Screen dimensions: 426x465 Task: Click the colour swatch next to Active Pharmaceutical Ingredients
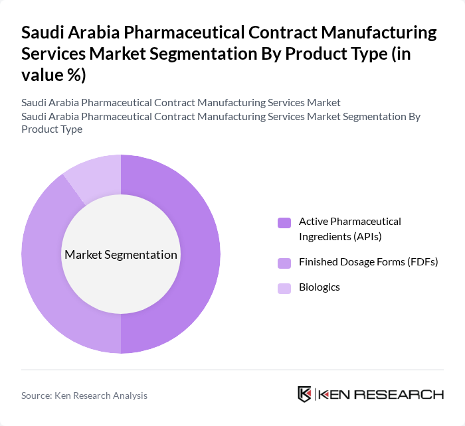pos(284,223)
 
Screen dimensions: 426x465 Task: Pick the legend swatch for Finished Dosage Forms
pos(284,263)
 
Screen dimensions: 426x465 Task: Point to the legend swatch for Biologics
pos(284,288)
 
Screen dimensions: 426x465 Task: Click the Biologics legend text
pos(319,287)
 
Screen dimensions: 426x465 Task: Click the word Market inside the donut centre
pos(82,255)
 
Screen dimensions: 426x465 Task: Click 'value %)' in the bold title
pos(53,75)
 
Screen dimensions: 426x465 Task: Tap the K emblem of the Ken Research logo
pos(305,394)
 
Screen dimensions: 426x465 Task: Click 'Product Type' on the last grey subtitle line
pos(52,129)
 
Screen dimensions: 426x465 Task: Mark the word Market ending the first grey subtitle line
pos(324,103)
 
